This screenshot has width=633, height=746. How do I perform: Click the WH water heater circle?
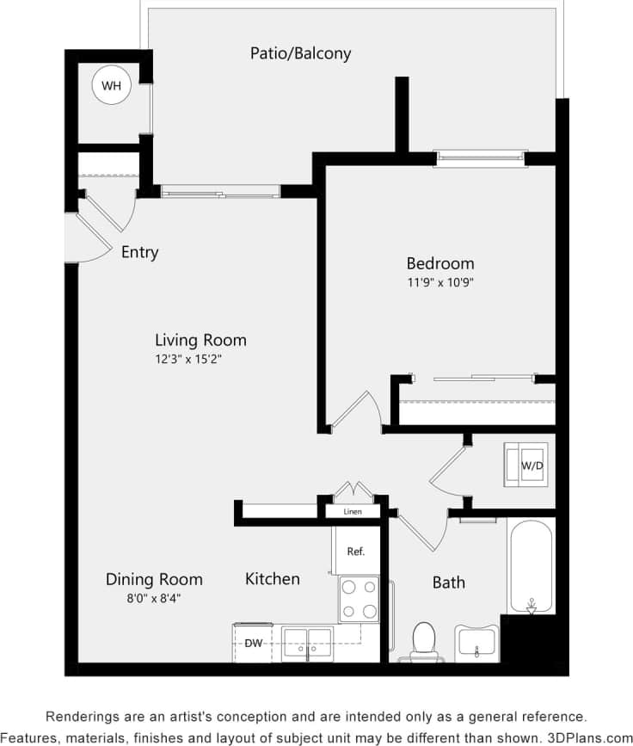click(111, 85)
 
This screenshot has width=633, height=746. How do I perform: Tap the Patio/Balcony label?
click(300, 53)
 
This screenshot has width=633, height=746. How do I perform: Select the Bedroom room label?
click(439, 263)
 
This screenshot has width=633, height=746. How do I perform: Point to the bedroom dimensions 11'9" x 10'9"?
click(439, 281)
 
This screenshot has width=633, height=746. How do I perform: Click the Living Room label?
click(200, 340)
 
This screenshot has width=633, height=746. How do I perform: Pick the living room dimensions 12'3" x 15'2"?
click(200, 359)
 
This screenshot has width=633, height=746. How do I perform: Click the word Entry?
click(139, 252)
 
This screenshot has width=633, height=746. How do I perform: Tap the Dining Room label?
click(154, 579)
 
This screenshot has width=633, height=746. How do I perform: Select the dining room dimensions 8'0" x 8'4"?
click(154, 598)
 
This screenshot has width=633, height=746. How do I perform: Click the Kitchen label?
click(273, 579)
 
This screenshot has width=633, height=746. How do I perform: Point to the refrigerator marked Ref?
click(356, 551)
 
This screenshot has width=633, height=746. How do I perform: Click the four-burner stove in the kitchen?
click(359, 598)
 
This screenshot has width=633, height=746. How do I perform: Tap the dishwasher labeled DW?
click(254, 643)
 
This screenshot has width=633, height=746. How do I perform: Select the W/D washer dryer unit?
click(525, 465)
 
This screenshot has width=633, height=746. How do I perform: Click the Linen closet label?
click(352, 512)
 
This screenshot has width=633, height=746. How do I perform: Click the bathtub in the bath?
click(531, 565)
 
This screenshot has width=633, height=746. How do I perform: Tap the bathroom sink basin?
click(476, 642)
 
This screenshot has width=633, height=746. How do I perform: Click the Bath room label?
click(448, 583)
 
